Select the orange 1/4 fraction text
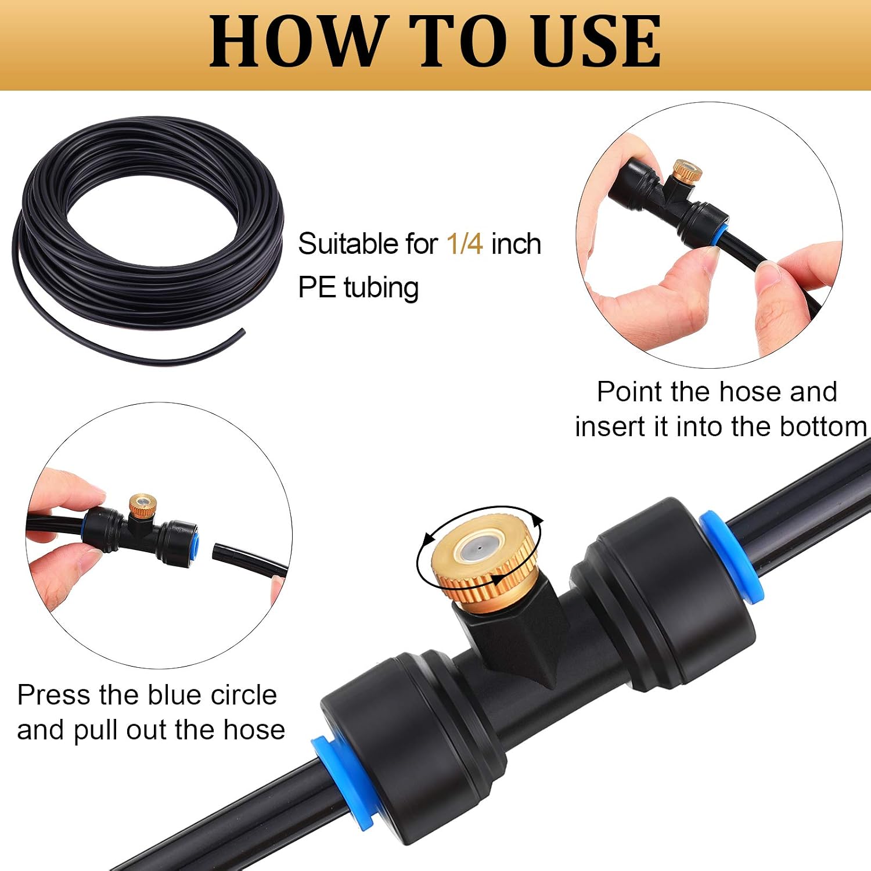(465, 243)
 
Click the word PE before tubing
(316, 287)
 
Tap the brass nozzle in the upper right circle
(688, 172)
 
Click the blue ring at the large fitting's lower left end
(344, 778)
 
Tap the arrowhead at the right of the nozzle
(538, 520)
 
